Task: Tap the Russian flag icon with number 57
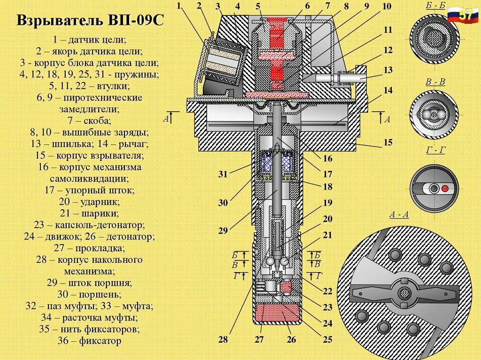(462, 15)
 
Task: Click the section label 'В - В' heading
(435, 82)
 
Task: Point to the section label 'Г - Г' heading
(435, 151)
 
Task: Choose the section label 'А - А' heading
(399, 215)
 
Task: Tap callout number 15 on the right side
(388, 143)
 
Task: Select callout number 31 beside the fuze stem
(223, 175)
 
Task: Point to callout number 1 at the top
(178, 6)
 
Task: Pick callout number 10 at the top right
(387, 7)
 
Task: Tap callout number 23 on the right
(327, 307)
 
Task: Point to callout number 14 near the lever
(388, 91)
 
